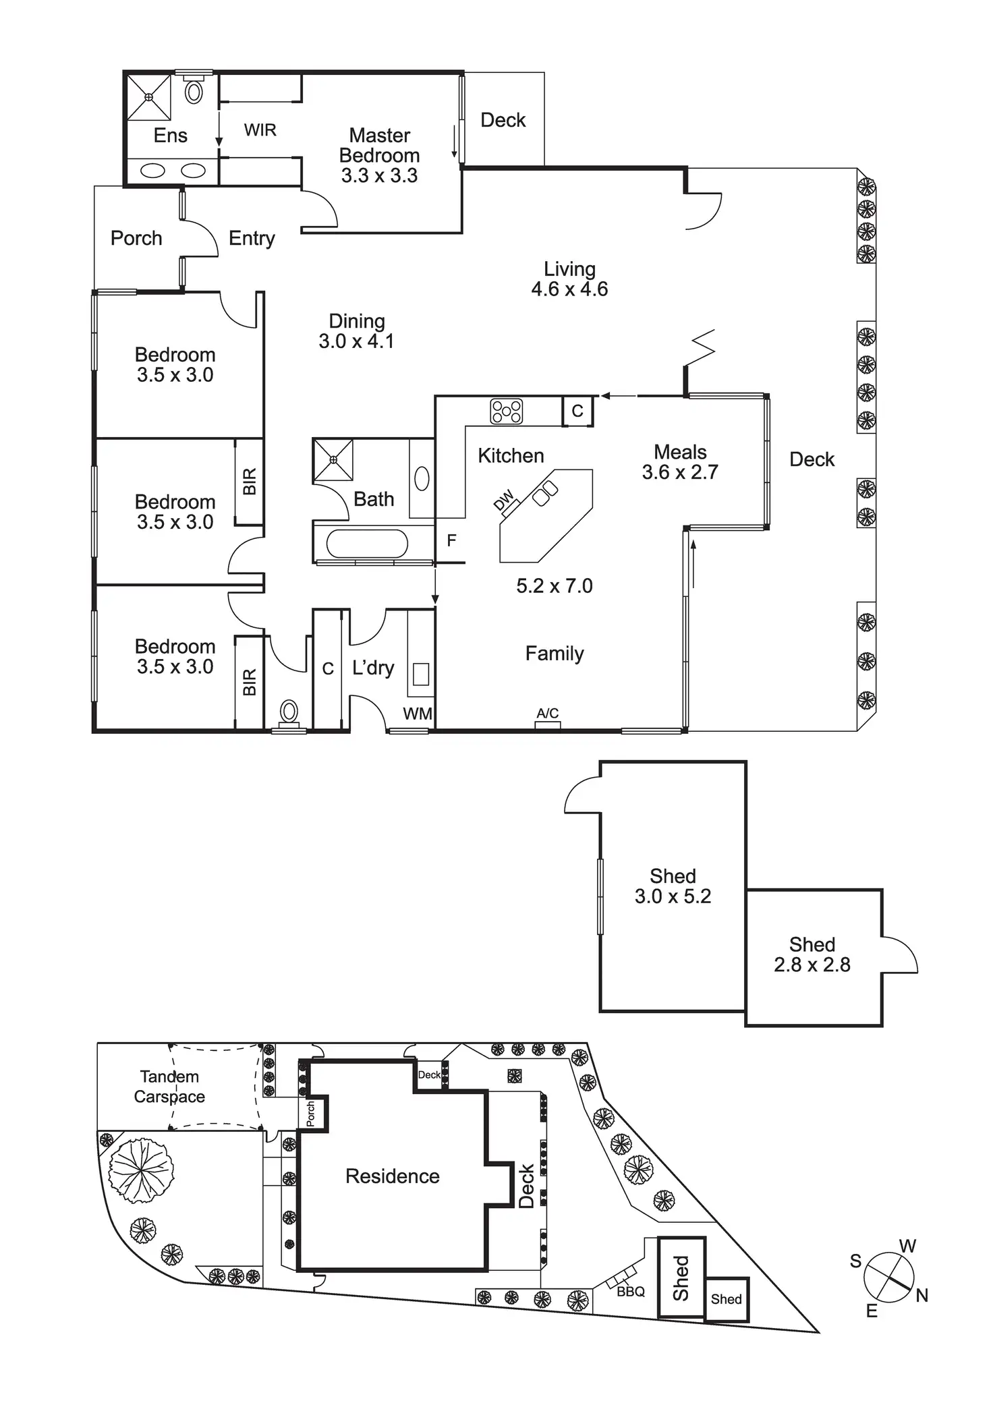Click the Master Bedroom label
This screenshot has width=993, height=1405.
click(379, 145)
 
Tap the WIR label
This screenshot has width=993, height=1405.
click(260, 130)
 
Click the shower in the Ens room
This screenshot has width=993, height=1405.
click(149, 97)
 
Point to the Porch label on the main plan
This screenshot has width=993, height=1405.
click(136, 238)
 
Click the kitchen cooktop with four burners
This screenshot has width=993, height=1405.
click(507, 411)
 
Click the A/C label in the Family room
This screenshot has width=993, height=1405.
click(548, 713)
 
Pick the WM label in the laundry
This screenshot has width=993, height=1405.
click(418, 714)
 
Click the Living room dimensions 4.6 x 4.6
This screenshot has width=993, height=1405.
click(569, 289)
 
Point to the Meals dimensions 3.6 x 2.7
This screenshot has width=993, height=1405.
click(680, 472)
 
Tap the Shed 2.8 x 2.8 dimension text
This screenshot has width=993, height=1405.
click(812, 965)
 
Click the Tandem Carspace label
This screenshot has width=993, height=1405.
click(169, 1087)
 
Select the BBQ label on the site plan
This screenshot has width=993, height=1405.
click(631, 1292)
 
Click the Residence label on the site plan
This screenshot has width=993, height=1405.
click(393, 1176)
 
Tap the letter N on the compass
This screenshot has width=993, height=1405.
click(922, 1295)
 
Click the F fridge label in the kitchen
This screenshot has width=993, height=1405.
click(452, 540)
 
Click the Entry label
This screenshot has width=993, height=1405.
click(252, 239)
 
